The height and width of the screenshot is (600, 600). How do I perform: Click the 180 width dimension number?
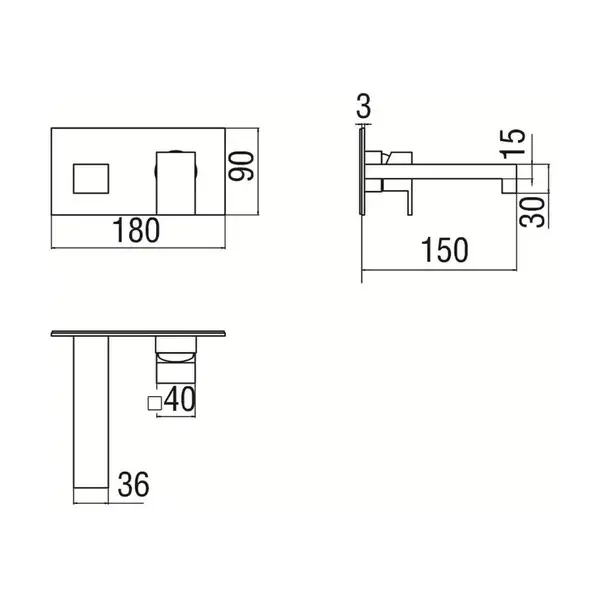(x=136, y=230)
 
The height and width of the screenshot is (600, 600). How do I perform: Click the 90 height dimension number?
(x=241, y=166)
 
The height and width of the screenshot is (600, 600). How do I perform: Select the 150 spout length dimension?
(x=444, y=250)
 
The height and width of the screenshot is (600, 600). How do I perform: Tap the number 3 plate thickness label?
(x=364, y=106)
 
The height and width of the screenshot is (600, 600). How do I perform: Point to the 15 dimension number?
(x=513, y=144)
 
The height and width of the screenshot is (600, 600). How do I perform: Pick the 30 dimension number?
(x=532, y=212)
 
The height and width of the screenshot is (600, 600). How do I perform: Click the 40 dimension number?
(x=180, y=399)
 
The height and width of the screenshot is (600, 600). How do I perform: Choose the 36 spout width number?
(x=134, y=484)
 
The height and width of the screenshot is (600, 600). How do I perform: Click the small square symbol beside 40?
(x=155, y=404)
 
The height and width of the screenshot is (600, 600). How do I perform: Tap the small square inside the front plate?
(x=91, y=179)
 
